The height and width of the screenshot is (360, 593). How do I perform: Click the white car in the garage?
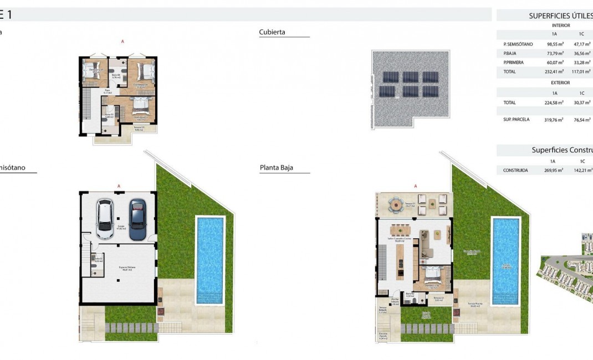click(x=105, y=218)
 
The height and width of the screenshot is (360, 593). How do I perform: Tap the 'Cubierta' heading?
click(x=272, y=32)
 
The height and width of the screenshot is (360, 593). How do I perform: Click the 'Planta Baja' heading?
click(x=276, y=167)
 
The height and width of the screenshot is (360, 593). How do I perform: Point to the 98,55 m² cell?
click(x=555, y=44)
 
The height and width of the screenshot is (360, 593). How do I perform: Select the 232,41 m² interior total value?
click(x=555, y=71)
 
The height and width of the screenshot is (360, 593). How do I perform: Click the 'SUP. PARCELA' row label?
click(x=516, y=119)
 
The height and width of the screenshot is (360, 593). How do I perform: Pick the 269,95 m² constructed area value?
click(x=554, y=170)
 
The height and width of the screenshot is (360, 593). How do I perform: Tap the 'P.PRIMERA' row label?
click(x=513, y=63)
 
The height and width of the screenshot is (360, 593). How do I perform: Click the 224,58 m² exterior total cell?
click(x=555, y=102)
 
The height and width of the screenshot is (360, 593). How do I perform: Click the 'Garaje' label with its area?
click(x=121, y=227)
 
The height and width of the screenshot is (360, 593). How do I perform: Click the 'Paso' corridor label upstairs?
click(x=108, y=92)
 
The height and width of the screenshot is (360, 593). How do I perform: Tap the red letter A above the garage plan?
click(x=119, y=186)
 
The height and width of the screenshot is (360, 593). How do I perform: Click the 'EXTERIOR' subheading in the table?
click(x=560, y=83)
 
